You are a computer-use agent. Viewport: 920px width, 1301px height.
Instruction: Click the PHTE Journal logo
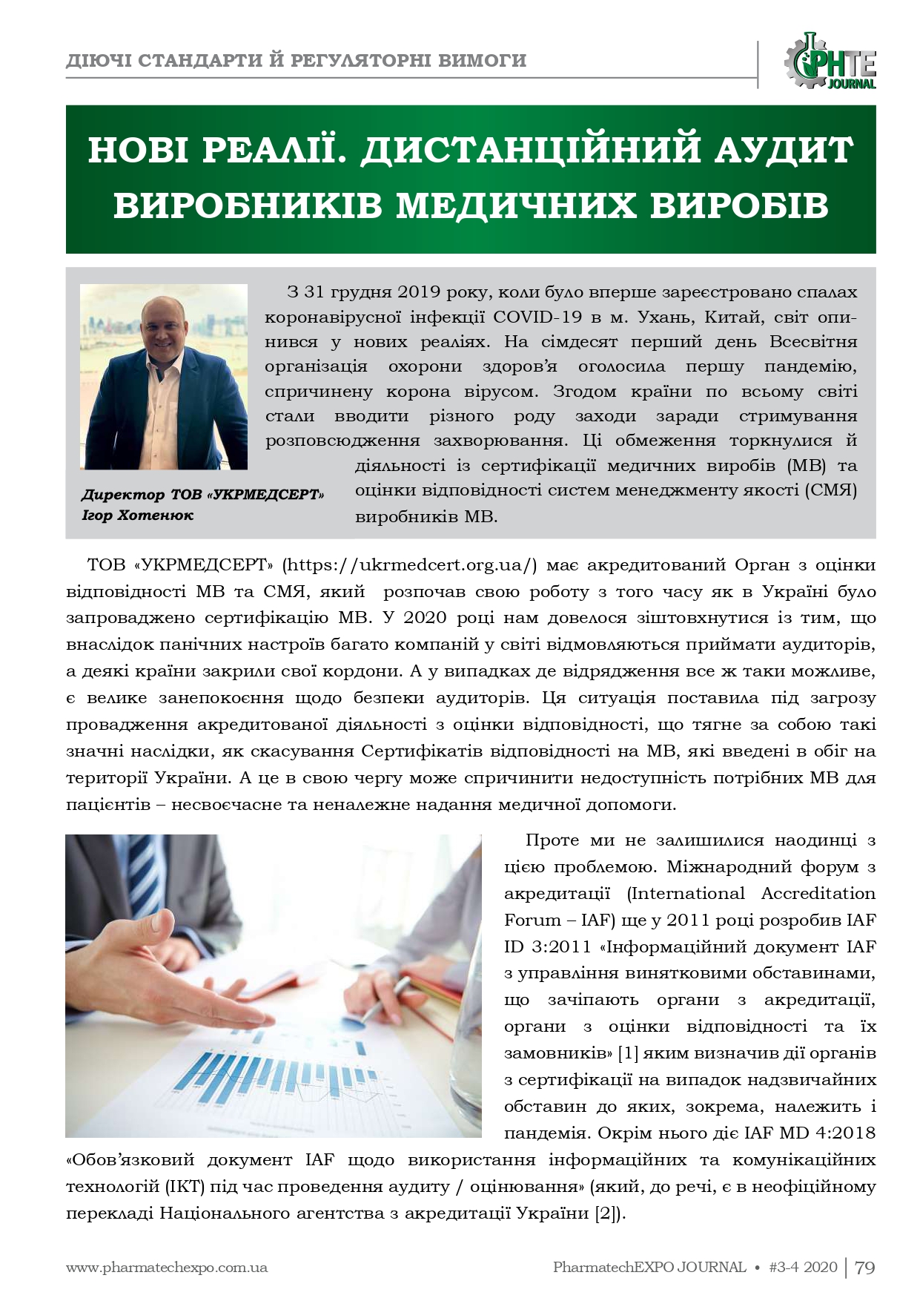tap(831, 61)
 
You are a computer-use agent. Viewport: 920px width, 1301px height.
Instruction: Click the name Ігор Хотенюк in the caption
tap(137, 515)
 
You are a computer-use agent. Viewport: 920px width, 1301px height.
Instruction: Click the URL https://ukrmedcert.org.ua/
tap(411, 564)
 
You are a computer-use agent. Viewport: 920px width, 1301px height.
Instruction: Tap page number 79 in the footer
tap(865, 1268)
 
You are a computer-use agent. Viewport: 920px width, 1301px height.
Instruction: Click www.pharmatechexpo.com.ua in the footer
tap(166, 1268)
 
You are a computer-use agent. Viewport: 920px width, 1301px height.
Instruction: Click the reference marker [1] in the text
tap(632, 1053)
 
